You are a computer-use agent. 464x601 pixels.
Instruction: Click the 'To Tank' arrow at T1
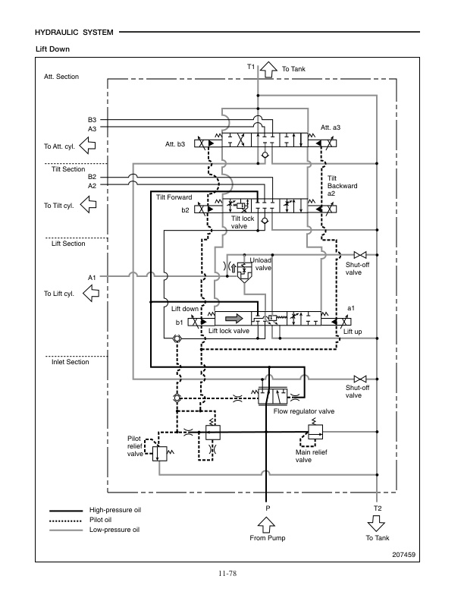pyautogui.click(x=268, y=69)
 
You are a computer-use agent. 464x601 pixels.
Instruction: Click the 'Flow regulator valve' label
pyautogui.click(x=304, y=411)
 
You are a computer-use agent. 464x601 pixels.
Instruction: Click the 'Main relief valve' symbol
pyautogui.click(x=315, y=433)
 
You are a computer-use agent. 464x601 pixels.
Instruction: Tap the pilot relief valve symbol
pyautogui.click(x=161, y=454)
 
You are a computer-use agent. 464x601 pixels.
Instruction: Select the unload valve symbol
pyautogui.click(x=243, y=269)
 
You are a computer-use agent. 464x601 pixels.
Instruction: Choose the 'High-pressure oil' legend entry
pyautogui.click(x=115, y=510)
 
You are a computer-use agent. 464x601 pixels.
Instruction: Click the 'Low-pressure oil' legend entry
pyautogui.click(x=114, y=529)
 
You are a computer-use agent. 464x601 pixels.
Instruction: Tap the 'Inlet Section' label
pyautogui.click(x=71, y=362)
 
